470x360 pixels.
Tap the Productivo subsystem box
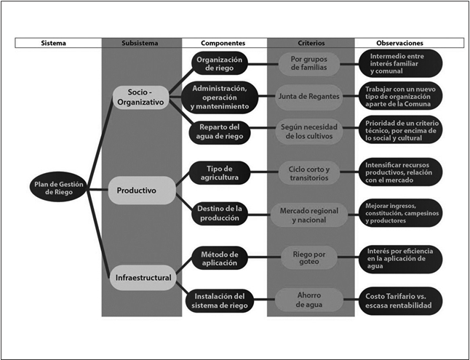pos(143,191)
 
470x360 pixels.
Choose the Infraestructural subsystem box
pos(143,277)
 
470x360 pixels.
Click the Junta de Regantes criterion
pos(311,96)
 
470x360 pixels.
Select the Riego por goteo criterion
pos(311,257)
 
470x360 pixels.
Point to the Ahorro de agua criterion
pos(311,300)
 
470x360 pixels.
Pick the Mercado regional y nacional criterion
pos(311,214)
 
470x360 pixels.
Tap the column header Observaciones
pos(400,43)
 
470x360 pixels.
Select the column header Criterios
pos(311,43)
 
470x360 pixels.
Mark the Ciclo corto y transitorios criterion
pos(311,173)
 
